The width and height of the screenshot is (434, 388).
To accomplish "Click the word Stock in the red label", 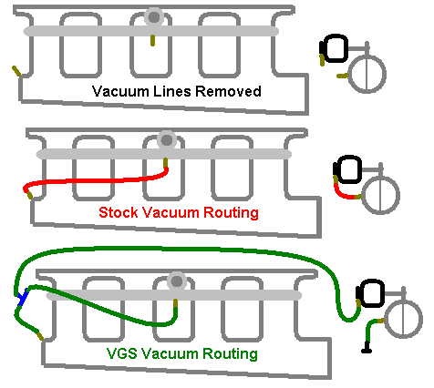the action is [119, 212].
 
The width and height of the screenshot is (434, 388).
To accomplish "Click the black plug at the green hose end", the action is [367, 348].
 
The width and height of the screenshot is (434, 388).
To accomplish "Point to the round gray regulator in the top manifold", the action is [154, 17].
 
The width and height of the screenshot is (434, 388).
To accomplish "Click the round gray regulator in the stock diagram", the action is [167, 140].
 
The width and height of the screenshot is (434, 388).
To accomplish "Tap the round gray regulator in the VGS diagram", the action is [177, 281].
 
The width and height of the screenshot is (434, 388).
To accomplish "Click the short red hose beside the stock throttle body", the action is [344, 193].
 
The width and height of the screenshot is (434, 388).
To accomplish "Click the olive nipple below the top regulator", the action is [153, 40].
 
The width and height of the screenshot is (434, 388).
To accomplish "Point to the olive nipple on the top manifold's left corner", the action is [16, 71].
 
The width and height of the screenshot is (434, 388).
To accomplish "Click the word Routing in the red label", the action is [231, 212].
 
